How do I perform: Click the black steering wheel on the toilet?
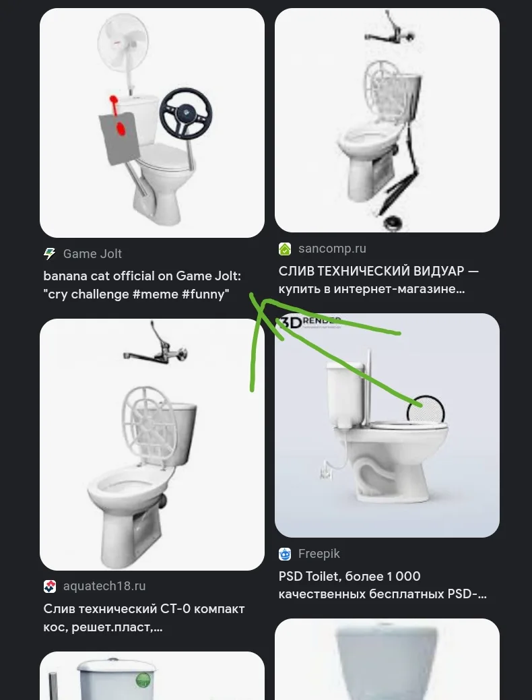pos(186,115)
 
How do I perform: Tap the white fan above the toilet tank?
pos(123,42)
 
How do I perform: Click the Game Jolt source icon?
pos(50,254)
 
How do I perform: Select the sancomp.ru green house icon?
pos(285,249)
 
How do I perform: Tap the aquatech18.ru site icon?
pos(50,586)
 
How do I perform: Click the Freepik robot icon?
pos(285,554)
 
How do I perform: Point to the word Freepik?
pos(319,554)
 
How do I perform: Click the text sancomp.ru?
pos(332,249)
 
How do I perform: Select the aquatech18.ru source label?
pos(104,586)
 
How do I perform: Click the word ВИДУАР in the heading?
pos(432,271)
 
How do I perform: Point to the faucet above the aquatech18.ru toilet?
pos(155,346)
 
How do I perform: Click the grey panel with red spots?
pos(119,137)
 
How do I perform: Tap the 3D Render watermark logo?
pos(309,322)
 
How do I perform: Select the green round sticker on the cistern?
pos(143,681)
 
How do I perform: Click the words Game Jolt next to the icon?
pos(92,254)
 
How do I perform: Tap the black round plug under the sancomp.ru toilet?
pos(393,222)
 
